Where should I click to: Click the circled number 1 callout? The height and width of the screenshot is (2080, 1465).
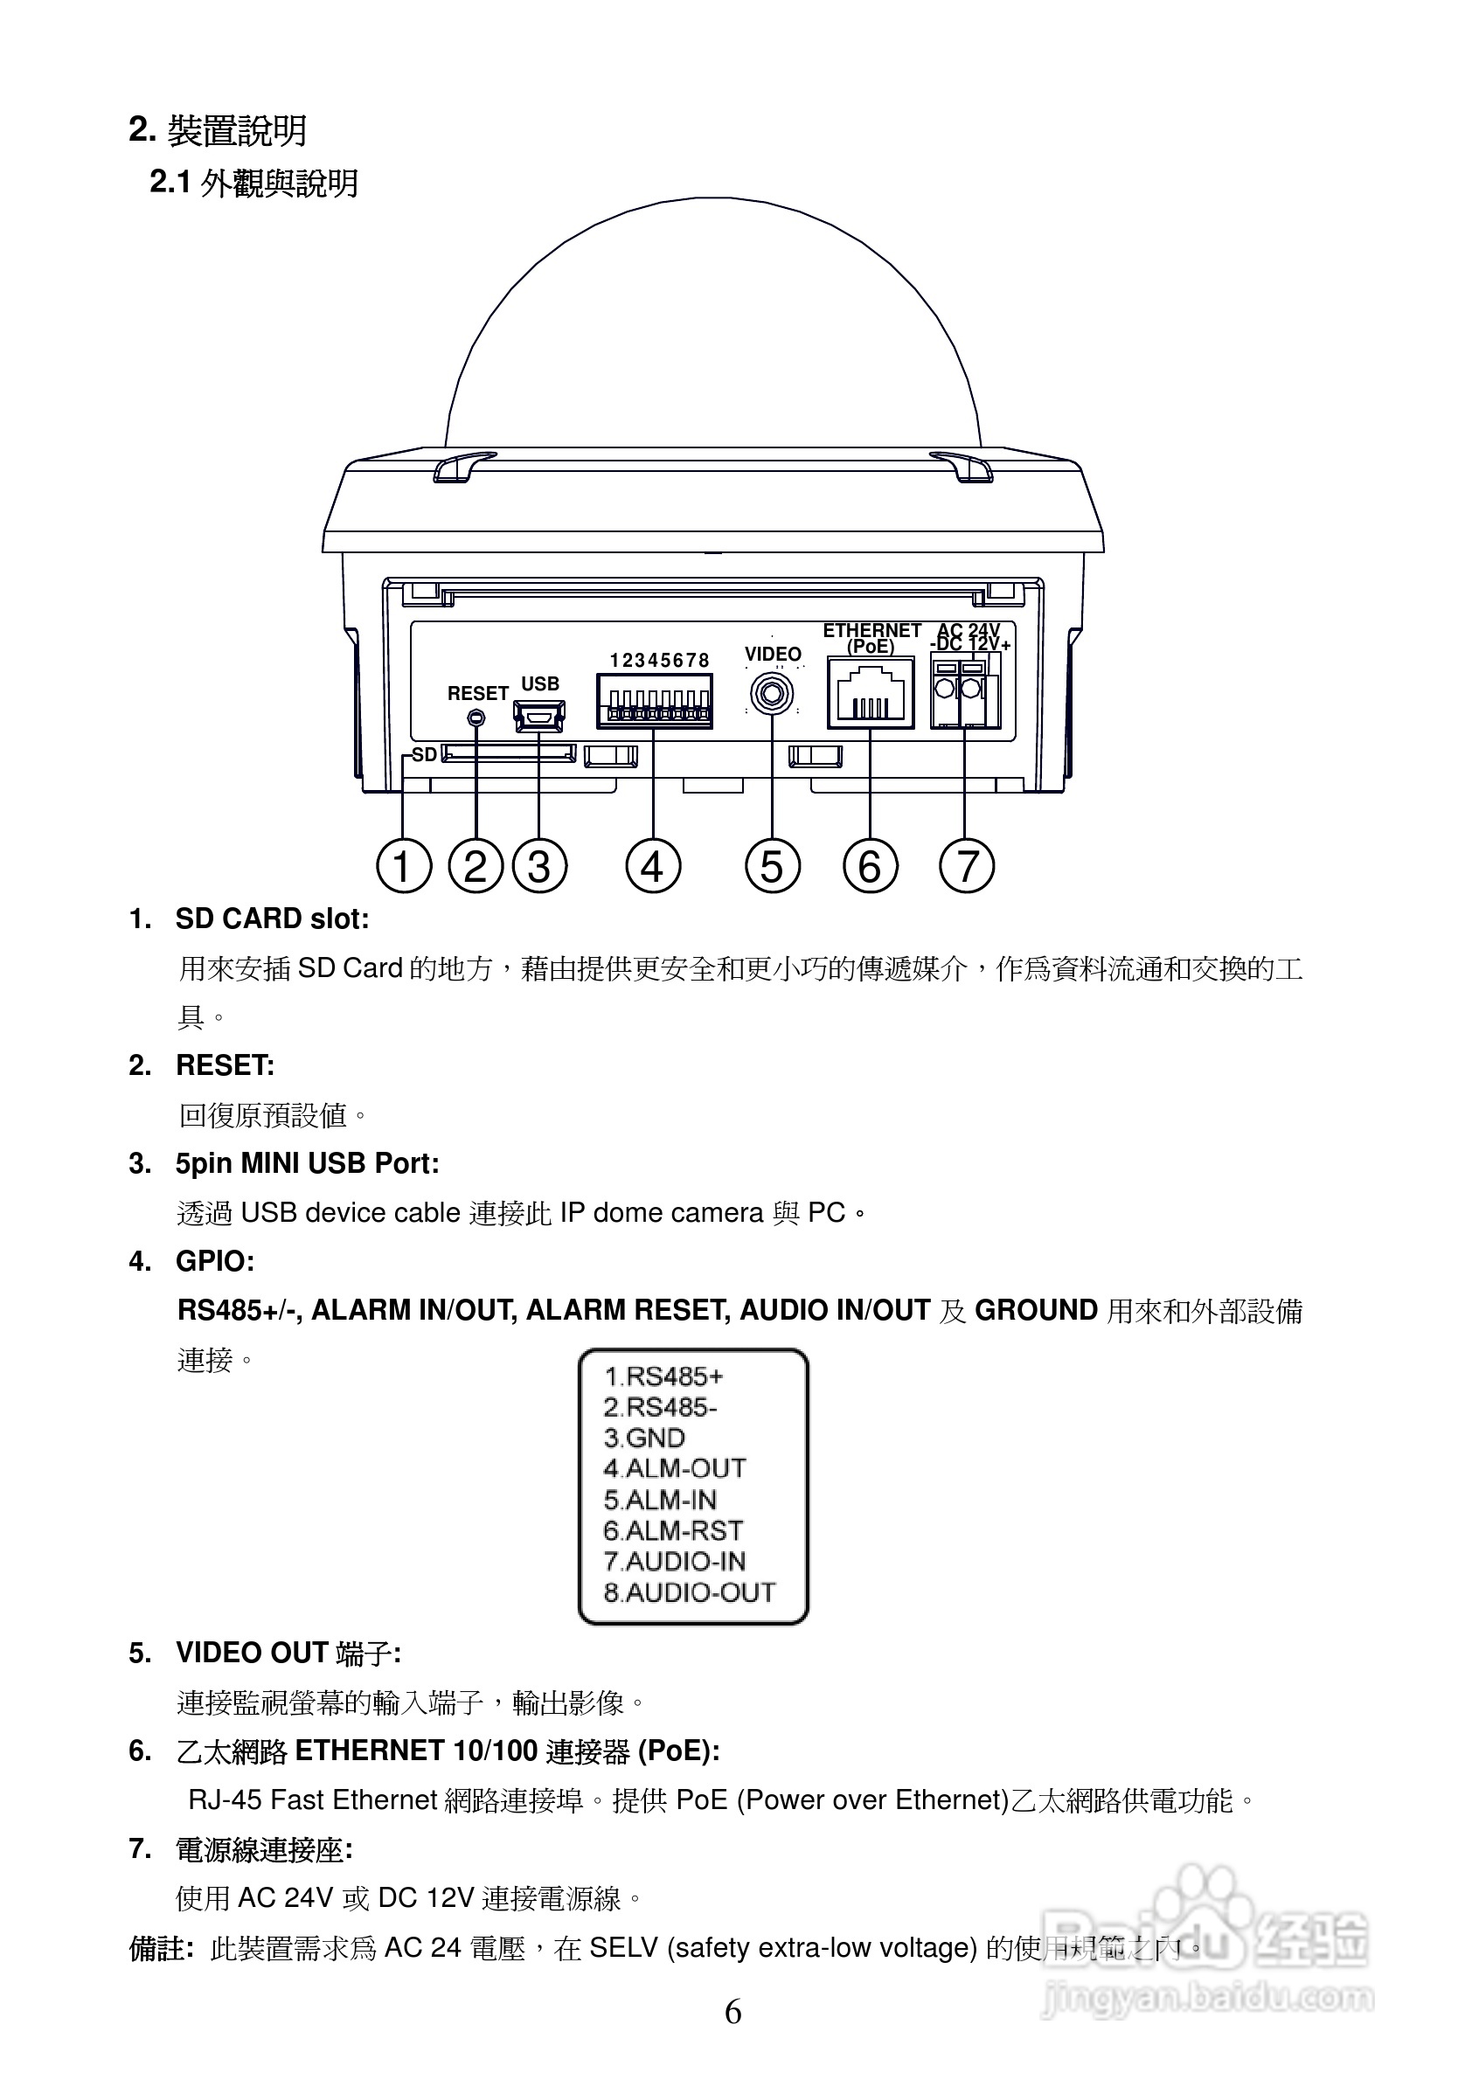[403, 866]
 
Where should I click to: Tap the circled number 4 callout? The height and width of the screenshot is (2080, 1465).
[652, 866]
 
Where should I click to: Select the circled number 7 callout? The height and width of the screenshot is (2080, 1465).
[967, 866]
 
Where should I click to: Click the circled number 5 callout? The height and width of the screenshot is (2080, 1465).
[772, 866]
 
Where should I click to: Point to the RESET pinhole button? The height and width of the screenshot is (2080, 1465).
[476, 718]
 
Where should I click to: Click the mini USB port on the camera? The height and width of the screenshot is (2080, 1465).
[539, 717]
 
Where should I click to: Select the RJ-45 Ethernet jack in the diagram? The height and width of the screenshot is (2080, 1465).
[870, 693]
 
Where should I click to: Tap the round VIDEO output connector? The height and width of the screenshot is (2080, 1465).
[772, 695]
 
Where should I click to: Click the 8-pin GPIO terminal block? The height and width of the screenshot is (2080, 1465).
[654, 702]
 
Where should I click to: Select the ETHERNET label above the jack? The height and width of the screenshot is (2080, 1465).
[871, 630]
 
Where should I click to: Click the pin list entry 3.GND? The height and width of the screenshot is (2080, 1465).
[644, 1438]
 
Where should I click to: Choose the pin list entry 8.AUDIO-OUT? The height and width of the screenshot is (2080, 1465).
[690, 1591]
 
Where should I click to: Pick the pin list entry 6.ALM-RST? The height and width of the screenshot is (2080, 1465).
[673, 1530]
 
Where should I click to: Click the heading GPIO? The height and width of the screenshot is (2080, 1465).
[215, 1261]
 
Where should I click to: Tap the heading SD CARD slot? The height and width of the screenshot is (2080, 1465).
[272, 919]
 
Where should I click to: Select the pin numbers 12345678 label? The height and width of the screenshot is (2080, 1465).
[659, 661]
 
